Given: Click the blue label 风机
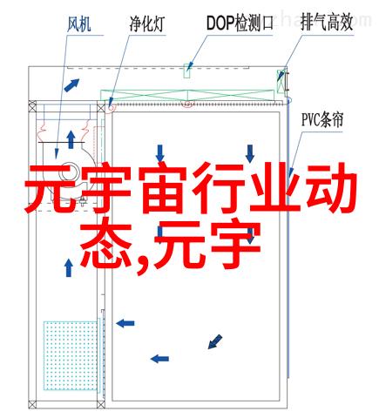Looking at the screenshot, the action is [x=79, y=24].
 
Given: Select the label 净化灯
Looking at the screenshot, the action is [x=147, y=24].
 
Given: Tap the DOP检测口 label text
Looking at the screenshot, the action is [x=240, y=23].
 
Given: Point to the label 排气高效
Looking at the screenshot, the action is [x=327, y=23].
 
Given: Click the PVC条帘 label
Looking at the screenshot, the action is [x=322, y=119].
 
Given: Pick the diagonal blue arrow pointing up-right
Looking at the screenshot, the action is [x=71, y=85].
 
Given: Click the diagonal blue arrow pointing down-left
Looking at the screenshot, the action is [x=215, y=341].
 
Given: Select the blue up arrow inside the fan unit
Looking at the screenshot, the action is [x=71, y=139].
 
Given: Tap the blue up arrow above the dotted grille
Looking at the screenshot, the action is [x=69, y=267].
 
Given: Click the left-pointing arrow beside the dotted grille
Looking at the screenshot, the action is [x=125, y=323].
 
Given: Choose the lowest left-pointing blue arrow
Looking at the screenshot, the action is [x=159, y=359].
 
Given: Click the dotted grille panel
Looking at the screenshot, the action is [x=71, y=355].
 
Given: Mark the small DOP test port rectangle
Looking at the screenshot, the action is [x=186, y=71].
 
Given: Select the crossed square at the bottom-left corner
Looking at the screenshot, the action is [x=32, y=404].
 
